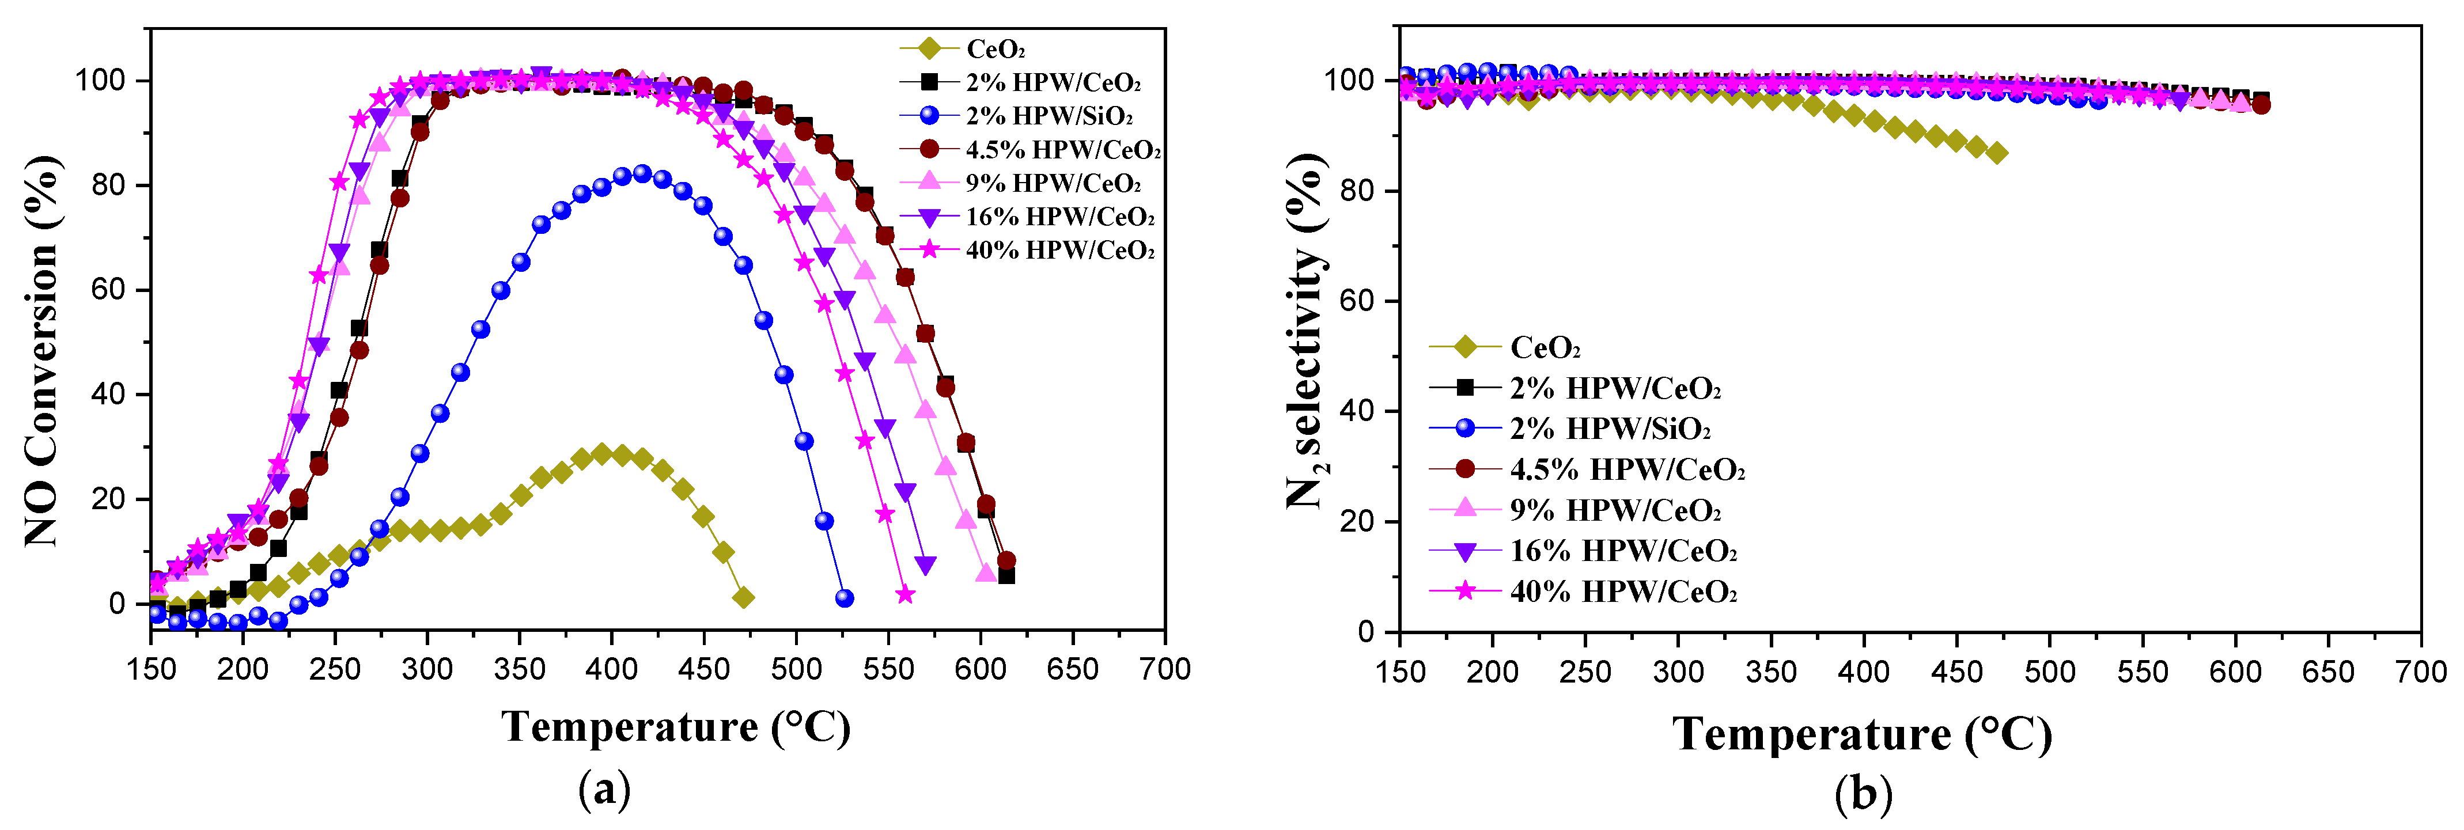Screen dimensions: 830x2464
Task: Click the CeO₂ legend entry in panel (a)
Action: pos(995,49)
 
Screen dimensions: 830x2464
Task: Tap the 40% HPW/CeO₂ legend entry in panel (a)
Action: pos(1060,251)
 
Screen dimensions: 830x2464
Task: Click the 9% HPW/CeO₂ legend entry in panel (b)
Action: pos(1615,511)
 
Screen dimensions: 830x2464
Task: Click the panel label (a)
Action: pos(604,792)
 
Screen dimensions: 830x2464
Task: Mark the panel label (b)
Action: pos(1863,794)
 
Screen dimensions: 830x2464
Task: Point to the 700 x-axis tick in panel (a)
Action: pos(1164,669)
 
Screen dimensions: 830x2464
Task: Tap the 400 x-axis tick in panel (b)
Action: pos(1863,672)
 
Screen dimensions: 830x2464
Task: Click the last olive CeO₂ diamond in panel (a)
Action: pos(743,598)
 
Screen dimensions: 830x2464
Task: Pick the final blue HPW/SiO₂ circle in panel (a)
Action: pos(843,598)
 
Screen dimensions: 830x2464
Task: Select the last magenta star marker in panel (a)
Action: pos(905,595)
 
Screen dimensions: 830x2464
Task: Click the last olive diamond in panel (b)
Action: pos(1996,153)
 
